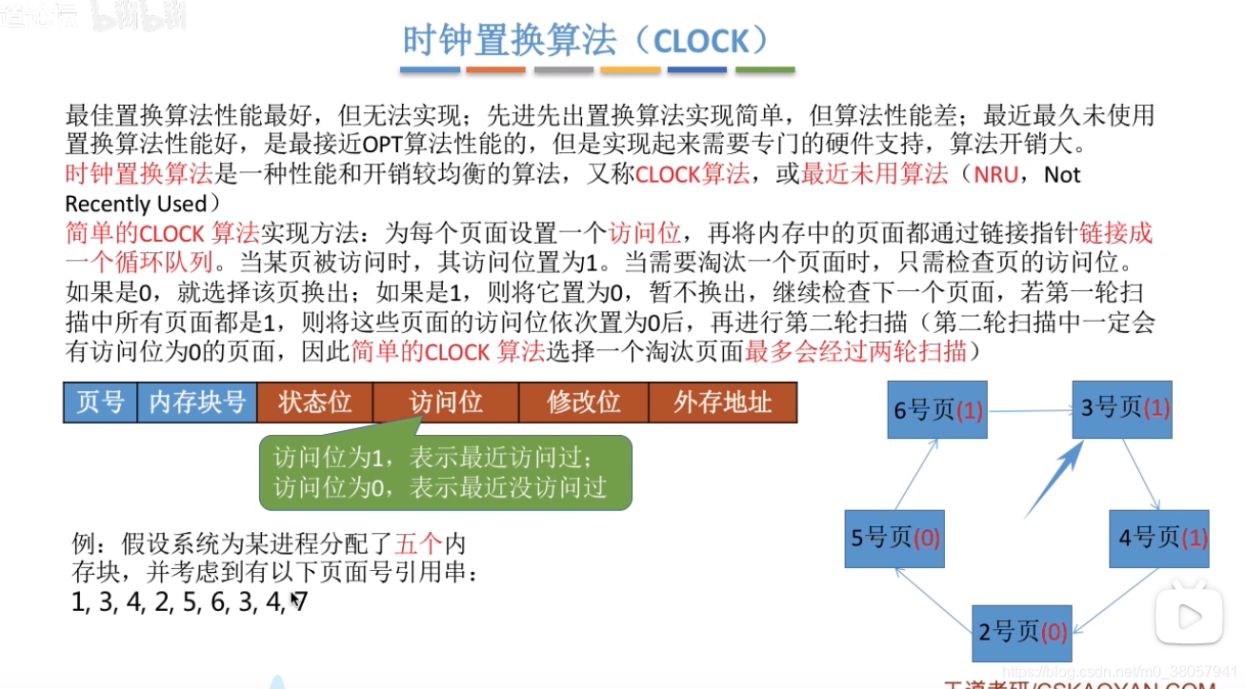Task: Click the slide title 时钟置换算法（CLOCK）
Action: pyautogui.click(x=585, y=41)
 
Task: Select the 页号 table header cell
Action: pyautogui.click(x=100, y=403)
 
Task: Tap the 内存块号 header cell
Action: pyautogui.click(x=197, y=403)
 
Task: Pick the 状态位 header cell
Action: pyautogui.click(x=314, y=403)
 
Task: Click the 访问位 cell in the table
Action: pyautogui.click(x=445, y=403)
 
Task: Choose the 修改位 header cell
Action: pyautogui.click(x=583, y=403)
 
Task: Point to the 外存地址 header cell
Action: pyautogui.click(x=722, y=403)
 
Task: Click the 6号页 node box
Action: pyautogui.click(x=936, y=410)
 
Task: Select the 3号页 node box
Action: pyautogui.click(x=1122, y=409)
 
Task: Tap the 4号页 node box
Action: pyautogui.click(x=1159, y=539)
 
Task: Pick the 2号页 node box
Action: pyautogui.click(x=1021, y=632)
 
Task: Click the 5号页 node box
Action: pyautogui.click(x=894, y=539)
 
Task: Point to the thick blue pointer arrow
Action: pyautogui.click(x=1054, y=481)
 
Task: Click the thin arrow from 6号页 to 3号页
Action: pyautogui.click(x=1029, y=411)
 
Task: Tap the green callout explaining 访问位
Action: pyautogui.click(x=446, y=473)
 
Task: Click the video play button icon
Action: pyautogui.click(x=1189, y=616)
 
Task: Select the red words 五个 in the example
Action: pyautogui.click(x=419, y=544)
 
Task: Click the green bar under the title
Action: pyautogui.click(x=764, y=70)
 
